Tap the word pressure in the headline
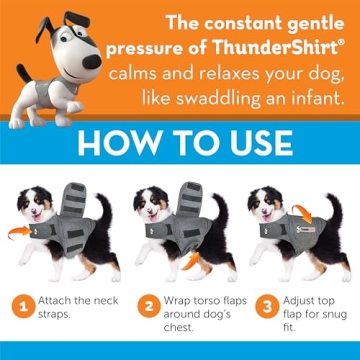point(163,47)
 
